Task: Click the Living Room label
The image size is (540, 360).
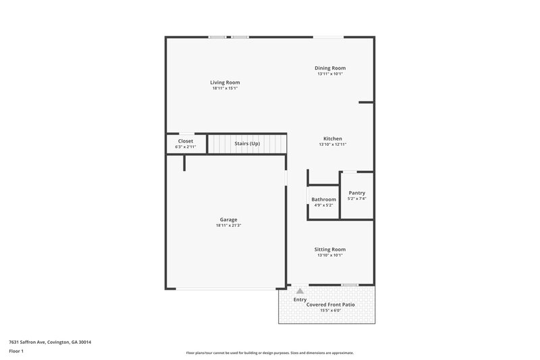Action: click(x=225, y=82)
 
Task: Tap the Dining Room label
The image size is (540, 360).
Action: click(x=330, y=68)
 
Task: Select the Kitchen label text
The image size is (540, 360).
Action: click(x=332, y=138)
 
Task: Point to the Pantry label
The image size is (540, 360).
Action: click(x=356, y=193)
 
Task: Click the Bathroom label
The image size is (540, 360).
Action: click(x=323, y=199)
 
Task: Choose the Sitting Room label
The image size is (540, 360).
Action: click(x=330, y=249)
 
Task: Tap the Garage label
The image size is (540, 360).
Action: click(x=228, y=220)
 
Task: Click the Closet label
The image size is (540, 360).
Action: click(x=185, y=141)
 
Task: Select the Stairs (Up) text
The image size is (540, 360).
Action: click(x=247, y=143)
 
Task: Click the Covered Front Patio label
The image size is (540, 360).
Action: click(x=331, y=305)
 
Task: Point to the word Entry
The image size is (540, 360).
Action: click(x=300, y=299)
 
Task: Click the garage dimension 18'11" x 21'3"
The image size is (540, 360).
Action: click(x=228, y=226)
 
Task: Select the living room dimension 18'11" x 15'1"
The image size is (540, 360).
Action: click(x=225, y=88)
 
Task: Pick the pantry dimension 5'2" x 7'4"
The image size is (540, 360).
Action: click(x=356, y=199)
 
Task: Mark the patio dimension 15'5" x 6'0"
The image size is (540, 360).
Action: click(x=331, y=311)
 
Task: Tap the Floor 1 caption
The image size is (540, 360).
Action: click(x=17, y=351)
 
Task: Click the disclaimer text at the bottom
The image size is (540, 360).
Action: click(x=269, y=353)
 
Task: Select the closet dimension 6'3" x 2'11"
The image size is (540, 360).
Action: click(x=185, y=147)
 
